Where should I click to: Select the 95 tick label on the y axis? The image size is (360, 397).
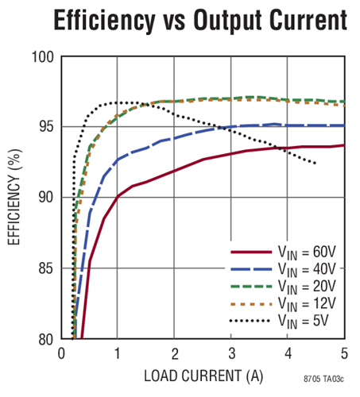coord(45,127)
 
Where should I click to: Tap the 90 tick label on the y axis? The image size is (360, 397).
coord(45,198)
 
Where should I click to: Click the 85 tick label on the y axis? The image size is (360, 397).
coord(45,268)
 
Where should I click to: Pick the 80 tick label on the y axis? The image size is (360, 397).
coord(45,339)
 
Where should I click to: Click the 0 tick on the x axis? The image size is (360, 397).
coord(61,353)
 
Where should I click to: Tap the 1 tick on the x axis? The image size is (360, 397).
coord(118,353)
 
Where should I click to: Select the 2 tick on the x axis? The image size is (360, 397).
coord(174,353)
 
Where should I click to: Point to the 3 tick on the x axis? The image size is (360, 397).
coord(231,353)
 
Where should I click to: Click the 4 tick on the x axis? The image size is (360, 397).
coord(288,353)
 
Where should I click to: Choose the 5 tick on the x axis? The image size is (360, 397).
coord(344,353)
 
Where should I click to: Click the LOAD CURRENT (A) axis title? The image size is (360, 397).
coord(203,374)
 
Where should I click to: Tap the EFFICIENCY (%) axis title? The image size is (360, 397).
coord(15,198)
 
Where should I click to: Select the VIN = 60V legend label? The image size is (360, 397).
coord(308,252)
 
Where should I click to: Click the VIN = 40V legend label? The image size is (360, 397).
coord(308,269)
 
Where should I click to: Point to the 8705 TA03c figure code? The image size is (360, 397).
coord(323,379)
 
